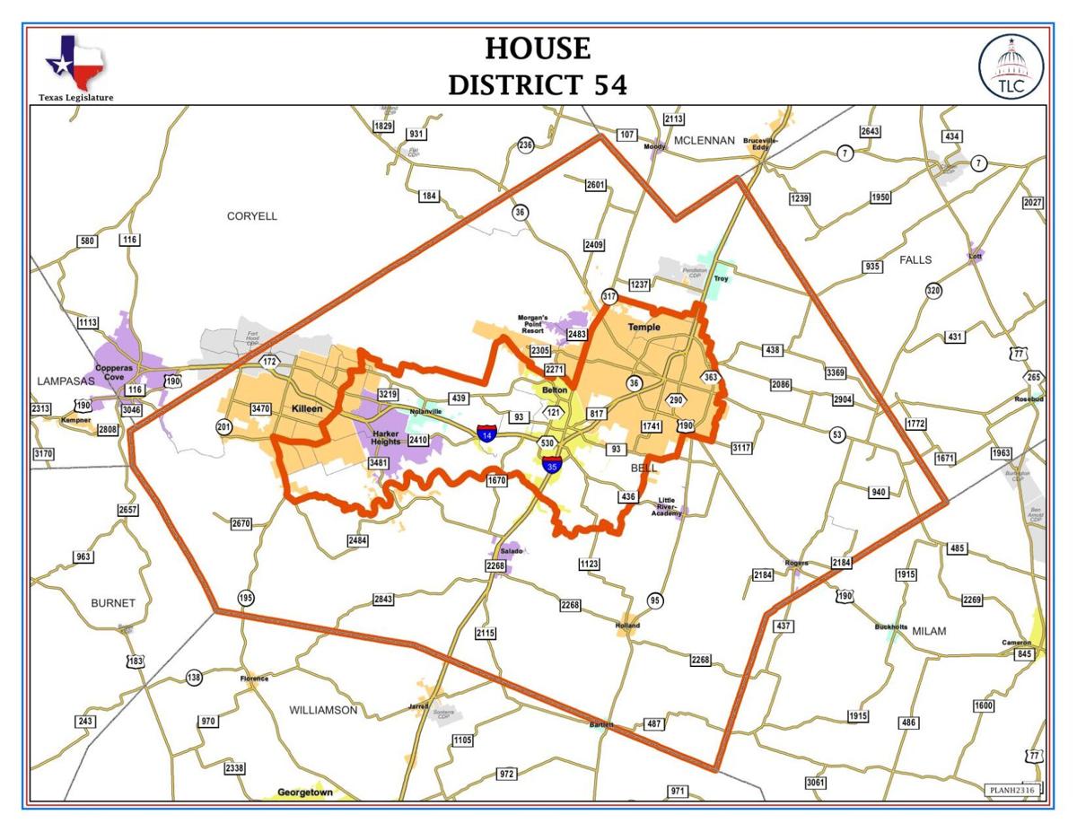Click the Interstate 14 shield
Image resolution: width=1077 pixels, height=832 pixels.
pyautogui.click(x=487, y=434)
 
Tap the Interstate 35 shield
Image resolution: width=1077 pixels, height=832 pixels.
pyautogui.click(x=553, y=464)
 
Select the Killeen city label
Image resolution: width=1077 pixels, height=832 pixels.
pyautogui.click(x=307, y=408)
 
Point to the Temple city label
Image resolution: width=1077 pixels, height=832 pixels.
pyautogui.click(x=644, y=327)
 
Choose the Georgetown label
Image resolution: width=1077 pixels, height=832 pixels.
pyautogui.click(x=305, y=793)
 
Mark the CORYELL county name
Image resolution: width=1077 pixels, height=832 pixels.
pyautogui.click(x=252, y=216)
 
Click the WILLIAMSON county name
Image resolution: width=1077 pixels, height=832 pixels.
pyautogui.click(x=323, y=710)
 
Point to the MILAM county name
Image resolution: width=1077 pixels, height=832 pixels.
pyautogui.click(x=929, y=631)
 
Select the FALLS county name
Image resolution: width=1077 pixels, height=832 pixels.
pyautogui.click(x=915, y=259)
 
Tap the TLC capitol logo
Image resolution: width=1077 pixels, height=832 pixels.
pyautogui.click(x=1011, y=67)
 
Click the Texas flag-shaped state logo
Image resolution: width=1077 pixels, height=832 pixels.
pyautogui.click(x=74, y=63)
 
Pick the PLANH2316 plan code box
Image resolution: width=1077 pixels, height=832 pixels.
pyautogui.click(x=1011, y=790)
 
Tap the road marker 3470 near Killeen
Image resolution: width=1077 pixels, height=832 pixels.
pyautogui.click(x=260, y=408)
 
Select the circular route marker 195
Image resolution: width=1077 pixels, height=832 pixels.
pyautogui.click(x=245, y=598)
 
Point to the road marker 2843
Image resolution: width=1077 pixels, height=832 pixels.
pyautogui.click(x=383, y=599)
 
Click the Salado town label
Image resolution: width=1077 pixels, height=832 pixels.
pyautogui.click(x=511, y=550)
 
